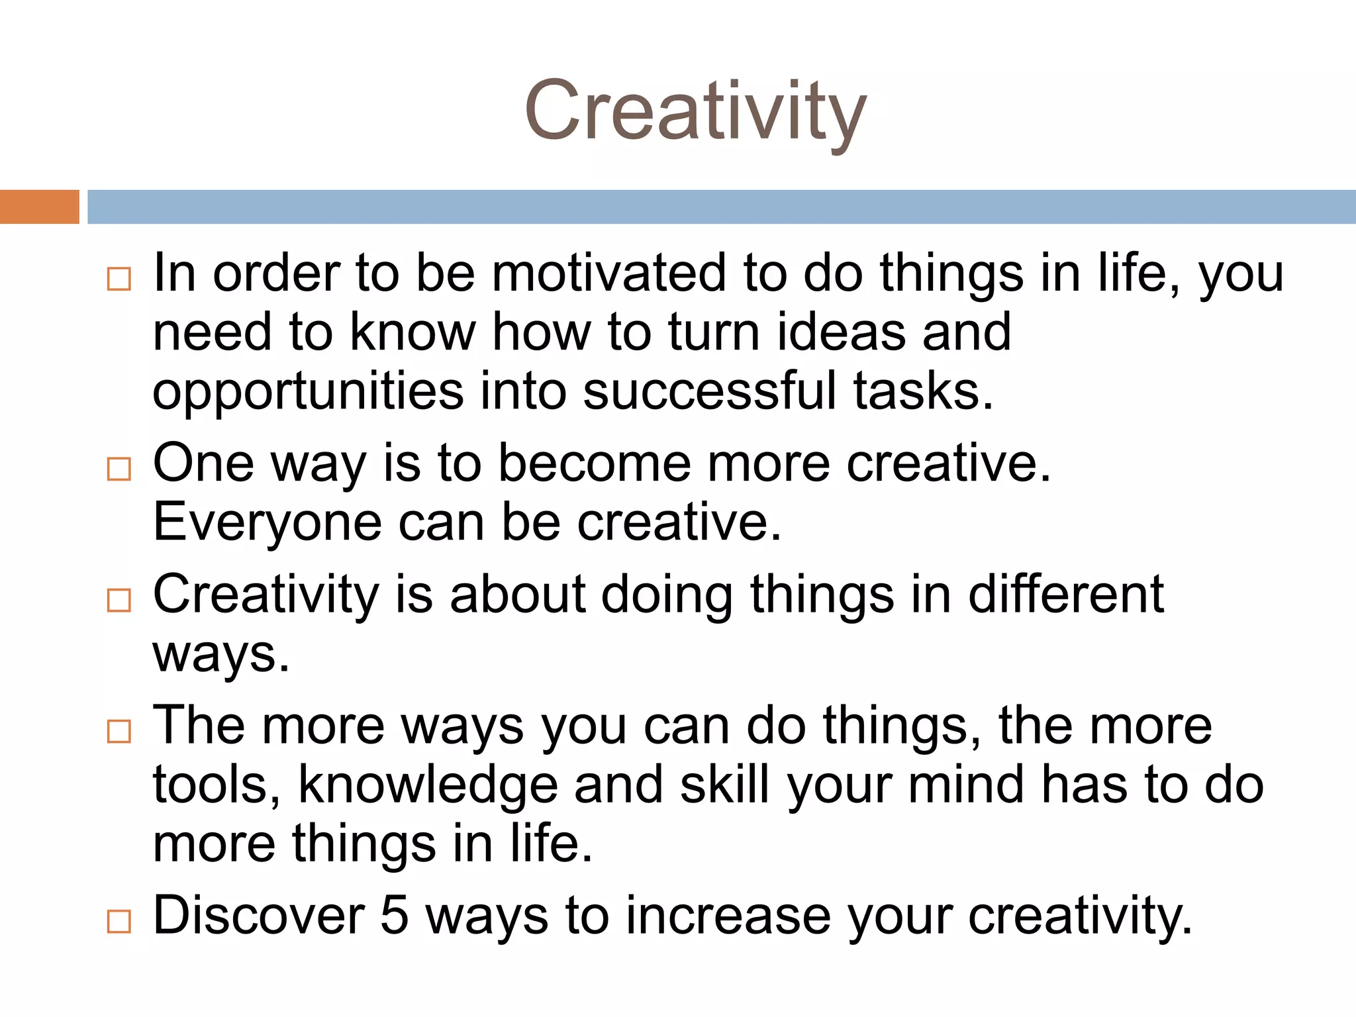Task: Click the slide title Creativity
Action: point(695,111)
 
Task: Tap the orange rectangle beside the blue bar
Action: point(39,207)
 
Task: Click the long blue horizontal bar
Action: point(721,207)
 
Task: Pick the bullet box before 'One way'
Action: point(119,469)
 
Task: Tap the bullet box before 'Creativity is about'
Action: point(119,600)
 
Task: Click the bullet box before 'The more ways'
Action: point(119,731)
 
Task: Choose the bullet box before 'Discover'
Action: point(119,921)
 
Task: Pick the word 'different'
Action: point(1066,594)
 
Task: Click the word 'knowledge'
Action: point(428,786)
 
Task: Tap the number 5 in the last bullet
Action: point(395,916)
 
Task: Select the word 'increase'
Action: point(728,916)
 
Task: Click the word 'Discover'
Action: point(259,916)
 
